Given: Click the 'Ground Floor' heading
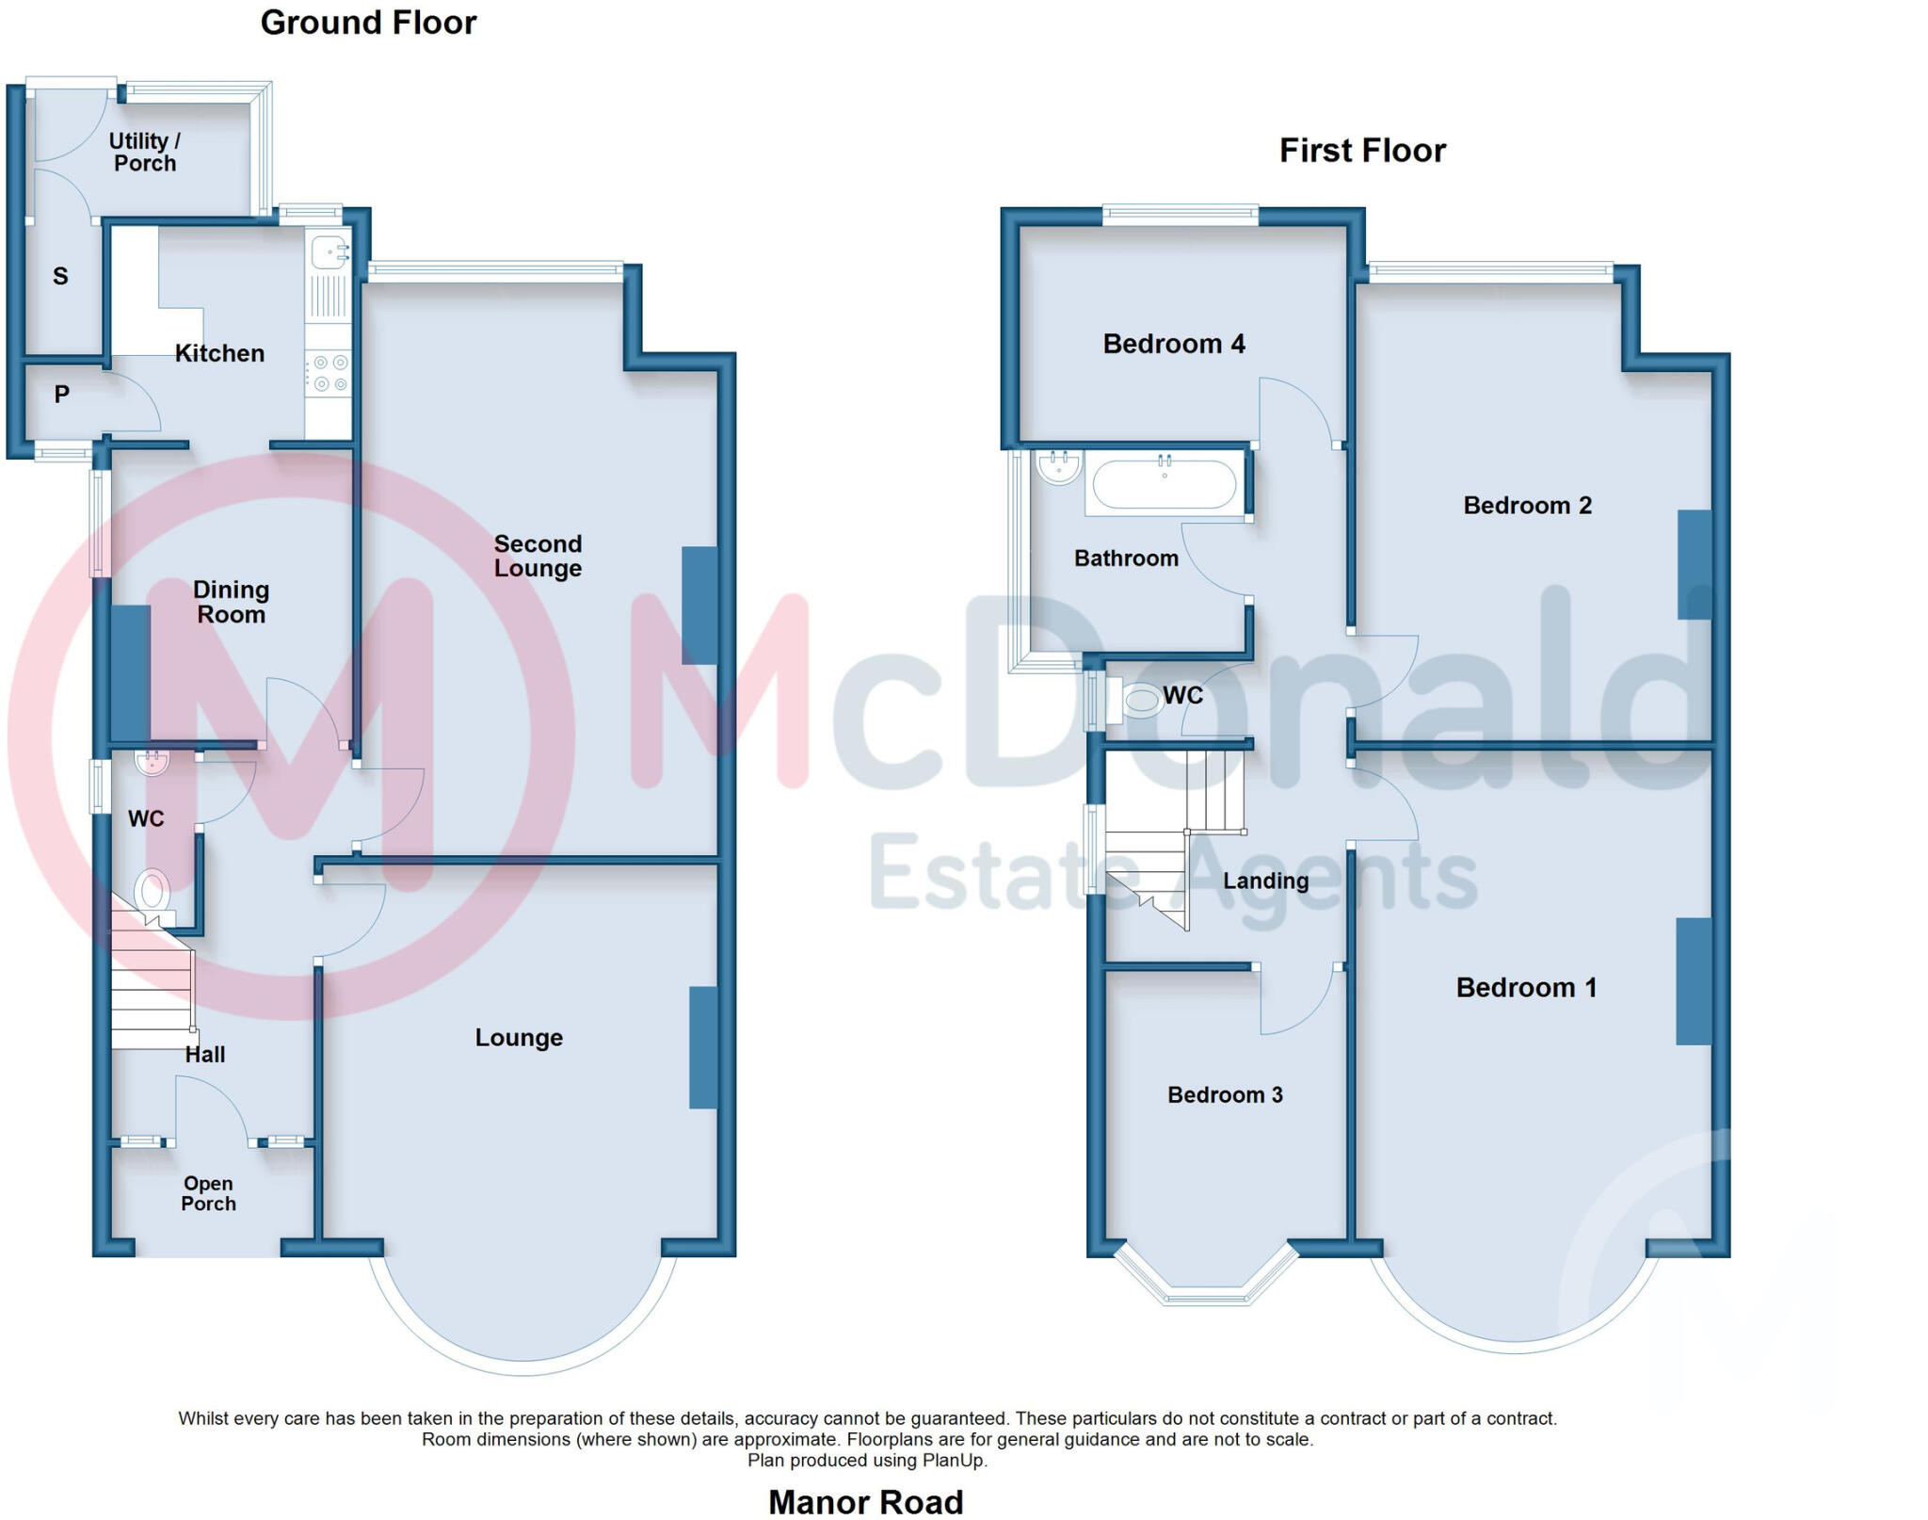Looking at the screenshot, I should pos(368,23).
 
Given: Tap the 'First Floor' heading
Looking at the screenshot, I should pos(1361,151).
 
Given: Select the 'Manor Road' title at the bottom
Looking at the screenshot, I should pos(865,1501).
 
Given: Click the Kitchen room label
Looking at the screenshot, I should pos(219,353).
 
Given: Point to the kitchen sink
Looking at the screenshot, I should pos(329,252).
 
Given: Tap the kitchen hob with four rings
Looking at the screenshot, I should pos(329,373).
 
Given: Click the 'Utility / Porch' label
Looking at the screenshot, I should pos(145,153).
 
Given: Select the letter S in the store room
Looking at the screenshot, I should pos(60,277).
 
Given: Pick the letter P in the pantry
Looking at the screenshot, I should pos(61,395).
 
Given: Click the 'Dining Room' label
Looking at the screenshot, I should pos(231,602).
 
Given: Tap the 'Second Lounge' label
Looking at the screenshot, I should pos(538,556).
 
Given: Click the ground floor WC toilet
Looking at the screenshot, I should pos(152,890).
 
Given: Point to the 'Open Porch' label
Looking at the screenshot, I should pos(208,1193).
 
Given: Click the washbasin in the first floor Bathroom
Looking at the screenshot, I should pos(1059,467).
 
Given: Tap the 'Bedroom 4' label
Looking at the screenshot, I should pos(1173,344).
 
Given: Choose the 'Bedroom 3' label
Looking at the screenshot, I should pos(1225,1094).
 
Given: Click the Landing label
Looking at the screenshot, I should pos(1265,881).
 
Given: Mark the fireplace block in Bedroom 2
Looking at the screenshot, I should pos(1694,565).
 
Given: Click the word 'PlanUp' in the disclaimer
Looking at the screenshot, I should pos(955,1461).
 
